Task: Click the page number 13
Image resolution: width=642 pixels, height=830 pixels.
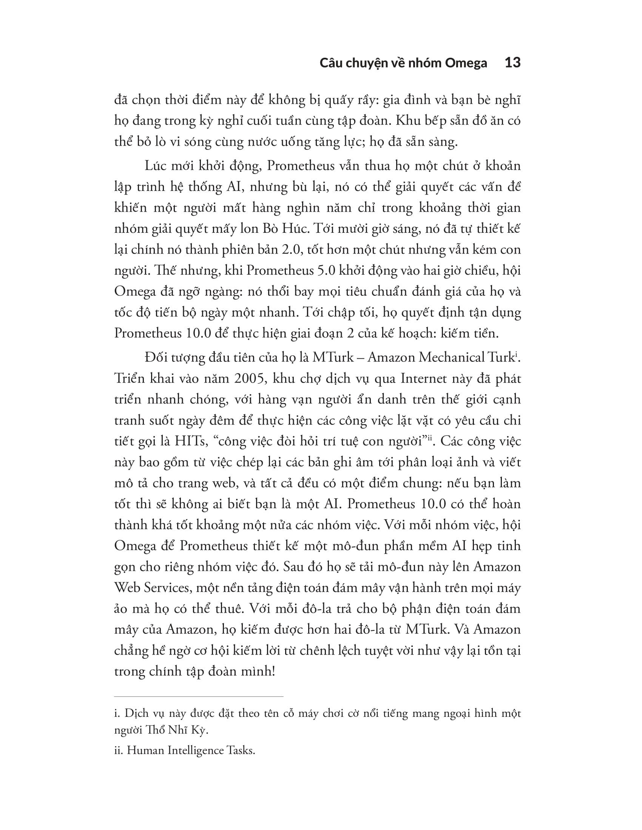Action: pos(512,63)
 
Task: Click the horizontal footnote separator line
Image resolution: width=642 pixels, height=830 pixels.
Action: pos(199,696)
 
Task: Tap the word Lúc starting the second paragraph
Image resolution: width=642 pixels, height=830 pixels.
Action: pos(156,166)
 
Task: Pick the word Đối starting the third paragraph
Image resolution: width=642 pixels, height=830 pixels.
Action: pos(156,358)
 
